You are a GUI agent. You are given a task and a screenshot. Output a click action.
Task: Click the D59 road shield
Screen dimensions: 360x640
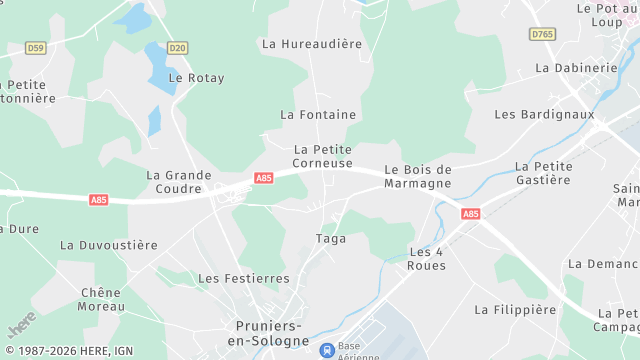point(36,47)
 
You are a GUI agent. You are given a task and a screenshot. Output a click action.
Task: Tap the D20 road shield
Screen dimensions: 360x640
point(177,47)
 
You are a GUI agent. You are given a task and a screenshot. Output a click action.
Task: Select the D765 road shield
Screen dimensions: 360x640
point(542,34)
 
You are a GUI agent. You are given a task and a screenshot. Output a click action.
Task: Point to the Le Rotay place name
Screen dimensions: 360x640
point(196,78)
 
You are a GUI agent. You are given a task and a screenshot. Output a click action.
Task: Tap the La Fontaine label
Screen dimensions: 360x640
point(318,115)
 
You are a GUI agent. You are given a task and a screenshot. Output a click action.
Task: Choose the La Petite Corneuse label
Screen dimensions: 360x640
point(323,156)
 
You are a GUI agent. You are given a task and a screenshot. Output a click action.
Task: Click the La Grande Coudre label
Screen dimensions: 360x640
point(179,182)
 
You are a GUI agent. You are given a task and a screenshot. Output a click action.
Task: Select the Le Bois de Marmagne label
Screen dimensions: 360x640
point(418,176)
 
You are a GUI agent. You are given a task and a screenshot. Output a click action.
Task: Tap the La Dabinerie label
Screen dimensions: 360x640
point(577,68)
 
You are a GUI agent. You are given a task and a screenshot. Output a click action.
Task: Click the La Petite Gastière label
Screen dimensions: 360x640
point(543,173)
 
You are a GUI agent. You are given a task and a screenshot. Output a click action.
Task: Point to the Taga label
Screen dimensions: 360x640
point(331,238)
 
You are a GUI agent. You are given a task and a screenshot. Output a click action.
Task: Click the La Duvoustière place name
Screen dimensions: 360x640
point(109,245)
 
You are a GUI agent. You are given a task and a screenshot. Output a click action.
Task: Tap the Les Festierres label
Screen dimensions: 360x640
point(244,278)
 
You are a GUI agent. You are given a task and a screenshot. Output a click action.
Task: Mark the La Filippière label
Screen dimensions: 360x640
point(515,310)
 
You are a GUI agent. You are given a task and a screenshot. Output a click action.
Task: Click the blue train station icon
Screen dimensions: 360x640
point(327,350)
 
